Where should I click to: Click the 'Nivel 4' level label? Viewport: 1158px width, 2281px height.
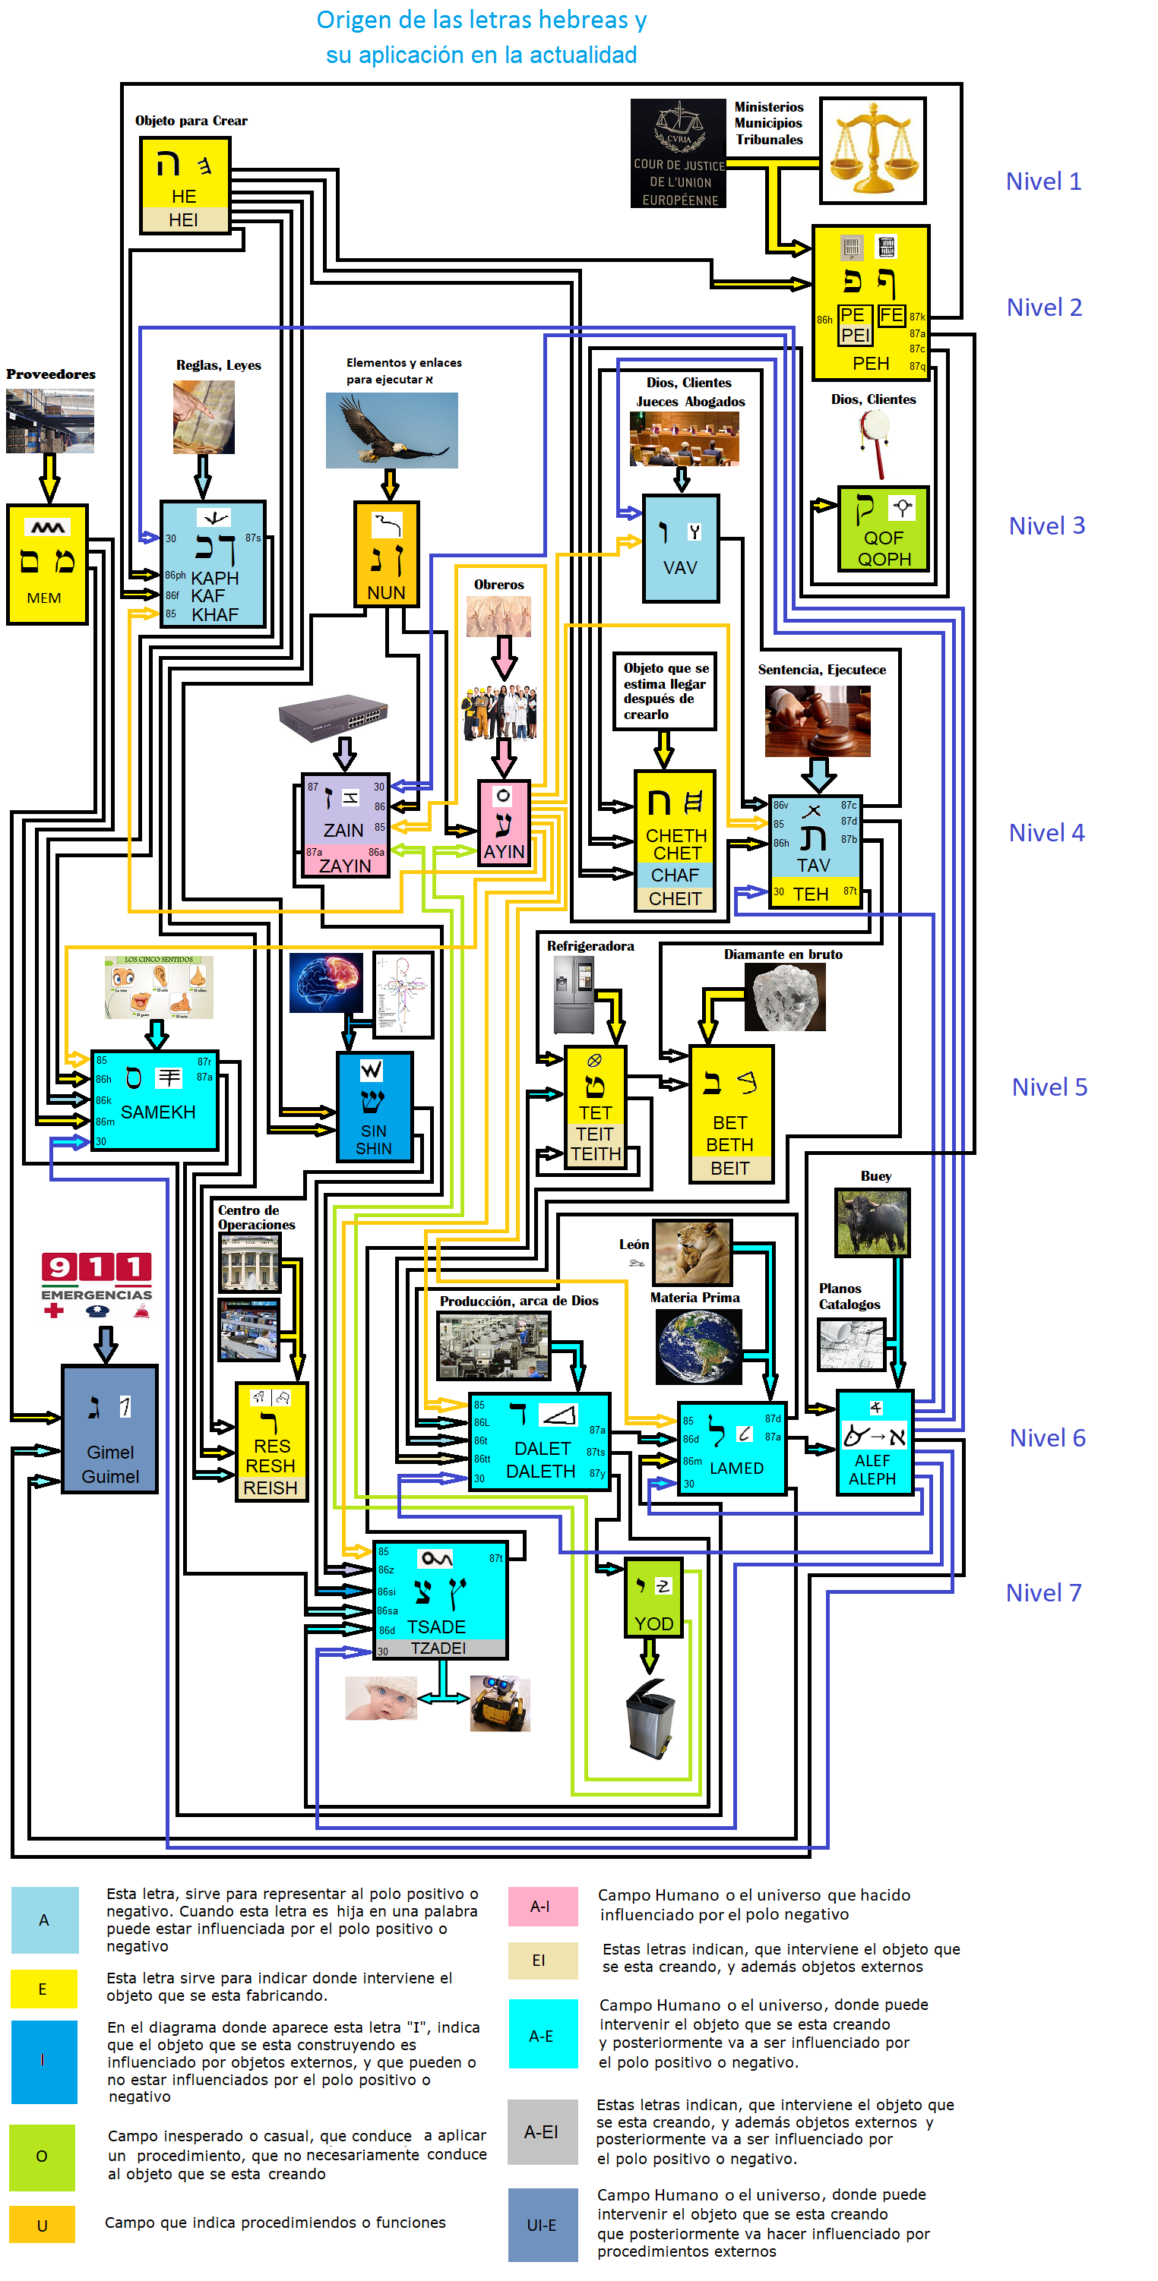click(1046, 833)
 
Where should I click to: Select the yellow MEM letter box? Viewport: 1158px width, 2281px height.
click(47, 564)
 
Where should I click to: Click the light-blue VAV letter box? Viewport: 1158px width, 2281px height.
click(681, 549)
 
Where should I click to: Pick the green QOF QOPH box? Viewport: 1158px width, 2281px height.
click(884, 528)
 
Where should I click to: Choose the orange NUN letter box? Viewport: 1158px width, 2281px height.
click(386, 554)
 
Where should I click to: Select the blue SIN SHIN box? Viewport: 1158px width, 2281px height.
click(374, 1107)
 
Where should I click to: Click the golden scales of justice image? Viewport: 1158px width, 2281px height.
click(873, 150)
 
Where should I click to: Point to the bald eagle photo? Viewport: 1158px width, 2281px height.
click(391, 431)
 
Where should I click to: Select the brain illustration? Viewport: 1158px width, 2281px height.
click(325, 983)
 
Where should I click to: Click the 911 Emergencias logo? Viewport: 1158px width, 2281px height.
click(96, 1285)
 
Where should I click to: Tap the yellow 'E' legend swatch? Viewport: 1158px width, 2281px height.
click(43, 1989)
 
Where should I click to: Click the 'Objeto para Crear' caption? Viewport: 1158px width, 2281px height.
click(191, 121)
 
